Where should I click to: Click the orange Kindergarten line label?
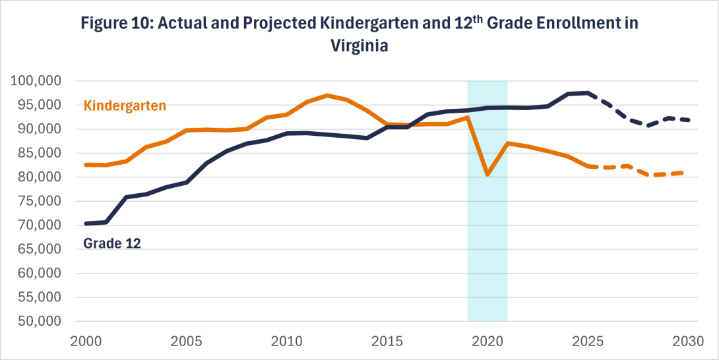[x=125, y=105]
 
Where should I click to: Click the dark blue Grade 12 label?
[x=112, y=243]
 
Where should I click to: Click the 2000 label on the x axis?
[x=86, y=344]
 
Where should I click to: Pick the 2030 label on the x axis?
[x=686, y=344]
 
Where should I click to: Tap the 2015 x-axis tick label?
[x=386, y=344]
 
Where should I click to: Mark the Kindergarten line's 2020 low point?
[x=487, y=175]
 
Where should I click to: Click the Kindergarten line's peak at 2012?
[x=327, y=96]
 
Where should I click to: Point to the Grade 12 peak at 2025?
[x=587, y=93]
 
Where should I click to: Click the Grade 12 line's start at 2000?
[x=86, y=224]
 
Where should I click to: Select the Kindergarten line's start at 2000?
[x=86, y=164]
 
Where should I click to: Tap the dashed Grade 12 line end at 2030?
[x=688, y=120]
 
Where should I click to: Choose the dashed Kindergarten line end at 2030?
[x=688, y=173]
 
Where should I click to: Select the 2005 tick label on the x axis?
[x=186, y=344]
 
